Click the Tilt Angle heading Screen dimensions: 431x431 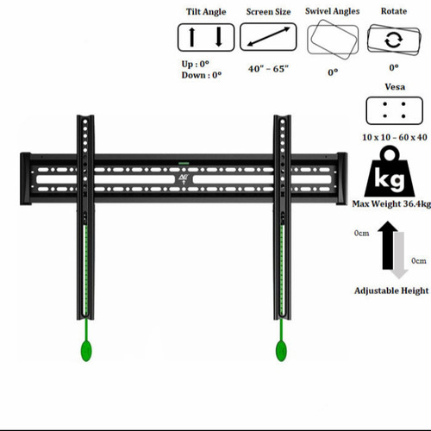(206, 12)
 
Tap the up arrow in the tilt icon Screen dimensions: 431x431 (192, 37)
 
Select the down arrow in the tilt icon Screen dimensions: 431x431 (219, 37)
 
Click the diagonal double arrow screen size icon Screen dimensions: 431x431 (268, 36)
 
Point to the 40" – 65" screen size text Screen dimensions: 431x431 (268, 69)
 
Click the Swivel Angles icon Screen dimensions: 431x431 (333, 40)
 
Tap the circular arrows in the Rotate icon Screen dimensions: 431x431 (394, 41)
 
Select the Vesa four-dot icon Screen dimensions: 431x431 (394, 110)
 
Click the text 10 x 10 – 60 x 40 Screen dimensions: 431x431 (395, 137)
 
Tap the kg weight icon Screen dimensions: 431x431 (390, 172)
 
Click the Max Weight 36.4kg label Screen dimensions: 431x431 (391, 204)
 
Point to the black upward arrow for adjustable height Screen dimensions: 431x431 (388, 245)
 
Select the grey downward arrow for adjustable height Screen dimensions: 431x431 (399, 255)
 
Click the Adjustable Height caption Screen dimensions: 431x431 (391, 290)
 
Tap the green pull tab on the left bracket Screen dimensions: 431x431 (86, 350)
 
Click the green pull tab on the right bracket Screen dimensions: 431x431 (281, 350)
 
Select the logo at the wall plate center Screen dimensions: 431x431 (183, 179)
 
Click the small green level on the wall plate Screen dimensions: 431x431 (184, 164)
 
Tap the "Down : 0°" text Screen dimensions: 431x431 (202, 75)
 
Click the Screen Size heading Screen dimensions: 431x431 (268, 12)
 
